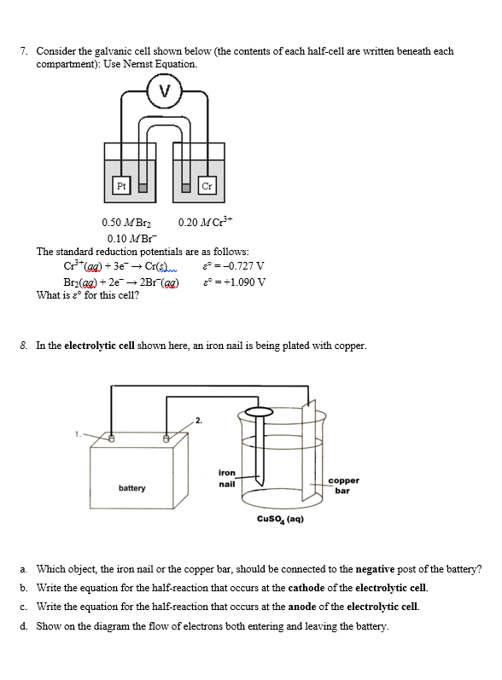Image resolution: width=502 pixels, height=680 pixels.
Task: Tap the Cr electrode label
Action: [206, 186]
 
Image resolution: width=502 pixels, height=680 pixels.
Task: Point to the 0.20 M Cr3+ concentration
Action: [201, 224]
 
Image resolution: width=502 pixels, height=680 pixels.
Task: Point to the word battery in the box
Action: [131, 489]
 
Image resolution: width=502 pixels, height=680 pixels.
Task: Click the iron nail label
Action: [227, 478]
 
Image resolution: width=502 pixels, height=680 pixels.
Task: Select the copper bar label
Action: [342, 485]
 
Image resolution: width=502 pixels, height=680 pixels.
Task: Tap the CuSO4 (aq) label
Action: [281, 519]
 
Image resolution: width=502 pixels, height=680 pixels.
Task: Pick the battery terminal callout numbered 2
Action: [198, 421]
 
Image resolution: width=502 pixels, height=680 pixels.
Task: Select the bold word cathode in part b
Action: [309, 588]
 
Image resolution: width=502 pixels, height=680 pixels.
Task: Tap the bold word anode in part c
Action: [306, 607]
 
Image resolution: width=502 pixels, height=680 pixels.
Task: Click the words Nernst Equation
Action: [166, 64]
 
